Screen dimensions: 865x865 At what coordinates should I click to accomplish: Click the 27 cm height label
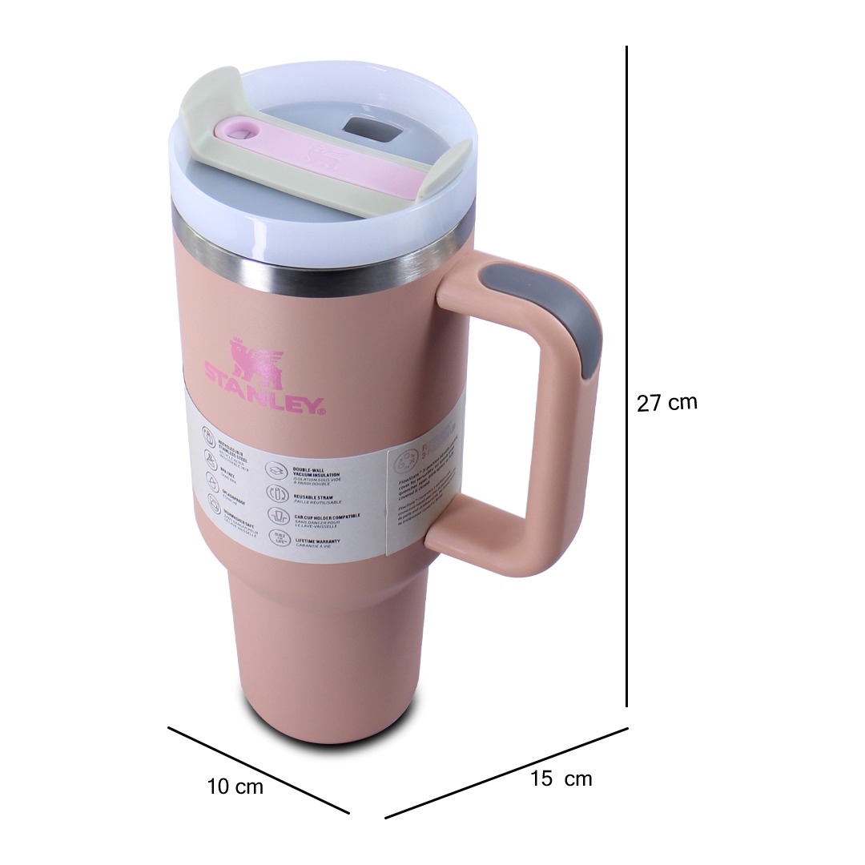click(x=666, y=402)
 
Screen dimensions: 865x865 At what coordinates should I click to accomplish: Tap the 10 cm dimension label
click(x=235, y=787)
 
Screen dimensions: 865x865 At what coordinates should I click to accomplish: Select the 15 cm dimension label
click(x=561, y=778)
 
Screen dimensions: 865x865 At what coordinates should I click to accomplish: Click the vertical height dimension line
click(x=626, y=376)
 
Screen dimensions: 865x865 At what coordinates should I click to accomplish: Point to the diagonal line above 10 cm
click(x=258, y=770)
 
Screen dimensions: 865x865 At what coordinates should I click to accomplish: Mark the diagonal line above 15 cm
click(x=506, y=773)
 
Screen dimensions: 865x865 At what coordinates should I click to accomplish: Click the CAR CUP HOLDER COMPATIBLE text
click(x=326, y=518)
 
